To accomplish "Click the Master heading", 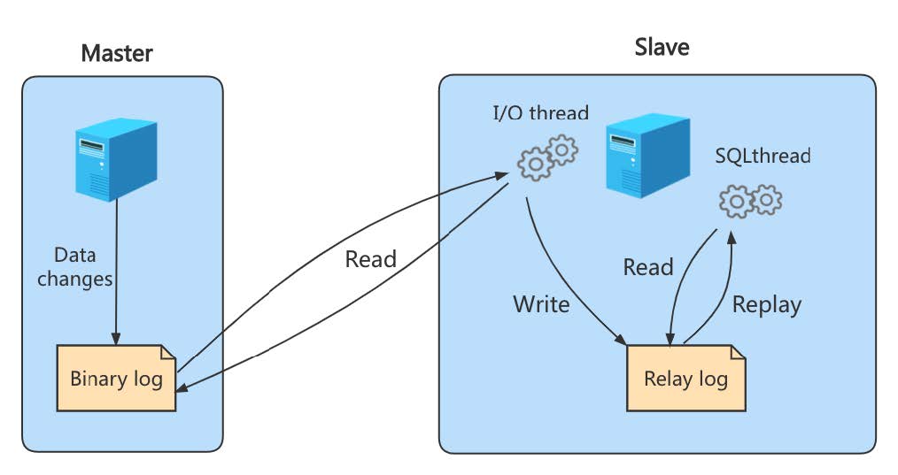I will (116, 53).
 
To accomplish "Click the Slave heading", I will (662, 47).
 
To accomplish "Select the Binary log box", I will (116, 379).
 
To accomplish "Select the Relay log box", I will (685, 379).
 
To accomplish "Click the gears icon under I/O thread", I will (546, 157).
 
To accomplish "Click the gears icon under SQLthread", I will (750, 201).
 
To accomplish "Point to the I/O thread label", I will (540, 112).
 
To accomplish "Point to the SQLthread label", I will (763, 156).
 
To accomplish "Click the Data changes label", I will (82, 266).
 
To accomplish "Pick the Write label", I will (541, 304).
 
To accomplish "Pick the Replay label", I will (766, 304).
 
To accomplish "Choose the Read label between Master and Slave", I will (370, 258).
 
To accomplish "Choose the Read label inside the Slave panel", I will (647, 267).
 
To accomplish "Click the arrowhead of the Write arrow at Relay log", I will (623, 341).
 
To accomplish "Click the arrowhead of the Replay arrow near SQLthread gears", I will (731, 234).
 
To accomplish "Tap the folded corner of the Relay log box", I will (736, 351).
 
